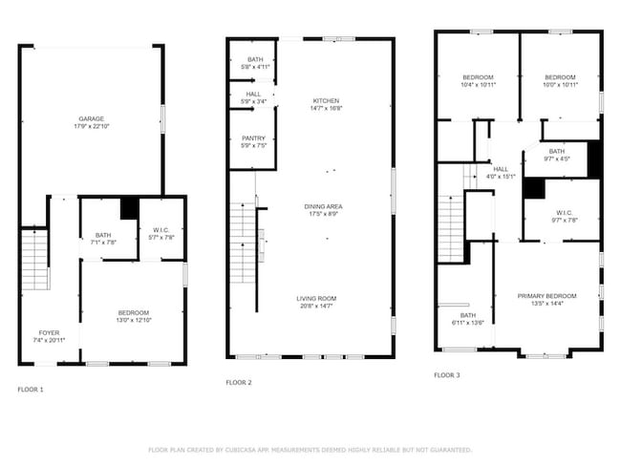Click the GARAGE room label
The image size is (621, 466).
pyautogui.click(x=92, y=119)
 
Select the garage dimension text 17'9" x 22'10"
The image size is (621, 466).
pyautogui.click(x=92, y=127)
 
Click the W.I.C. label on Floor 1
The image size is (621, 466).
pyautogui.click(x=161, y=229)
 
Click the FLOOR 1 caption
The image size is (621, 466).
pyautogui.click(x=31, y=390)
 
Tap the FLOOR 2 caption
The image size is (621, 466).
pyautogui.click(x=239, y=382)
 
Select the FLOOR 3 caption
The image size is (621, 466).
pyautogui.click(x=446, y=375)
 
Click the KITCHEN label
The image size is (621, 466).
pyautogui.click(x=326, y=101)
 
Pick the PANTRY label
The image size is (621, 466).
pyautogui.click(x=253, y=138)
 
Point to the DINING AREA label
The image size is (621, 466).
pyautogui.click(x=325, y=206)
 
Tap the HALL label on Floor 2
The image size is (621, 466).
pyautogui.click(x=253, y=95)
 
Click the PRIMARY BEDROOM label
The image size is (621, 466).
pyautogui.click(x=547, y=296)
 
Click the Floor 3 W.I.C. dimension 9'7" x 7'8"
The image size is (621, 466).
pyautogui.click(x=556, y=220)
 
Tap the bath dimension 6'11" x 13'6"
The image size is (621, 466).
pyautogui.click(x=467, y=323)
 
